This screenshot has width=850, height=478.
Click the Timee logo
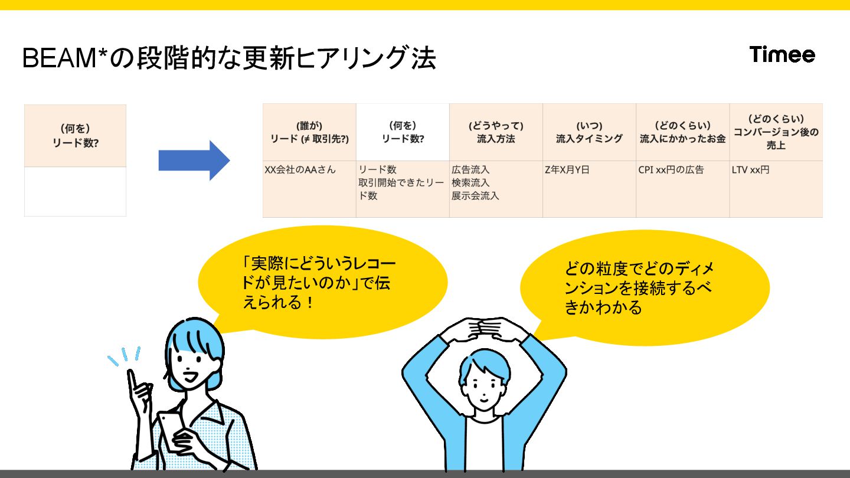coord(782,55)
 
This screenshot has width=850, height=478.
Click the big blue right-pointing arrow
coord(194,161)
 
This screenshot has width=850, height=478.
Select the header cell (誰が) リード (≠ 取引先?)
coord(309,132)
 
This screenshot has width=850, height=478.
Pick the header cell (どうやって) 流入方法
coord(496,132)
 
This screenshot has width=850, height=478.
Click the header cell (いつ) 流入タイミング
coord(589,132)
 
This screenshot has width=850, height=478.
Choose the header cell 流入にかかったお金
coord(682,132)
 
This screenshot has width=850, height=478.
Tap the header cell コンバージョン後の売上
coord(776,132)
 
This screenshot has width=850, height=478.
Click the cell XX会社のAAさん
coord(300,170)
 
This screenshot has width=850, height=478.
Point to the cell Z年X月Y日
coord(567,170)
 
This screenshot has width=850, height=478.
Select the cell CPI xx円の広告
coord(671,170)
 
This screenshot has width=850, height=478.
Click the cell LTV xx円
coord(750,170)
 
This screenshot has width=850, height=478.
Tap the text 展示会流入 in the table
coord(475,196)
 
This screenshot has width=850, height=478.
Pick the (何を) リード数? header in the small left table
coord(76,136)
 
